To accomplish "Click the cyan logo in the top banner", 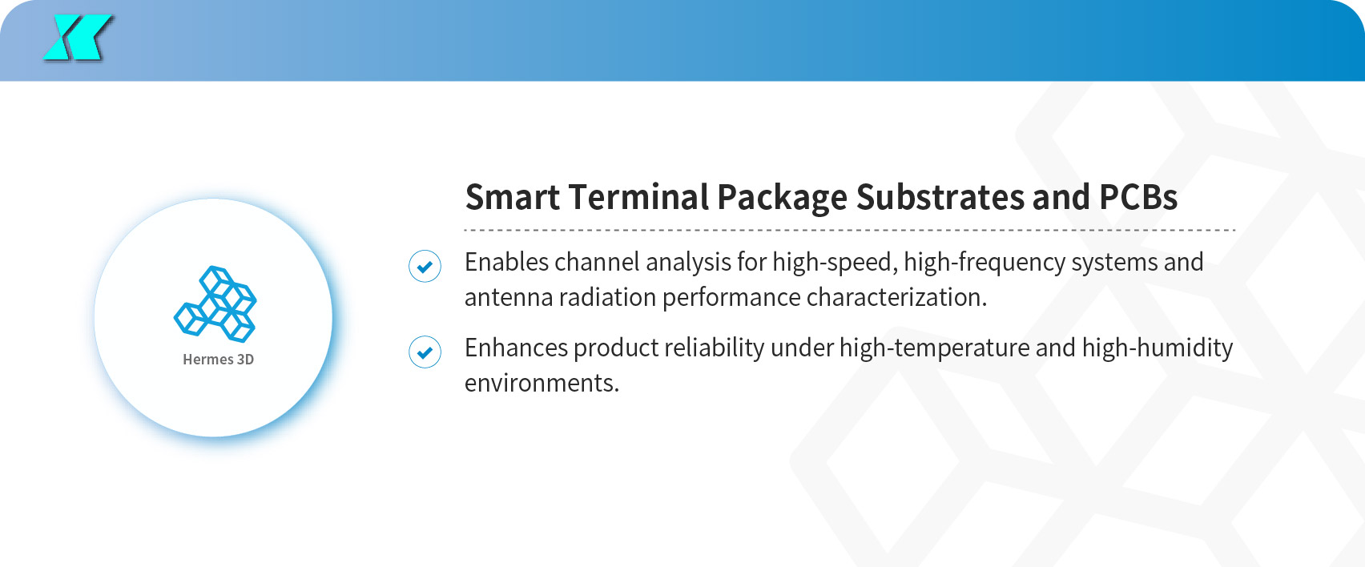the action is click(77, 38).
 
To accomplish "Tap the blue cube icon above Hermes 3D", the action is click(215, 304).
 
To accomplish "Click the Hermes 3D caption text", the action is click(218, 360).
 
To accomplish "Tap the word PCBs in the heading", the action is click(1138, 197).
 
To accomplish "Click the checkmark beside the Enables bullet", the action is click(425, 266).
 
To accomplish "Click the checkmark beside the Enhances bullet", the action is click(425, 352).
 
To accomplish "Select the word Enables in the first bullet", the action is click(505, 262).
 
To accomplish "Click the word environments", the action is click(542, 384).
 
